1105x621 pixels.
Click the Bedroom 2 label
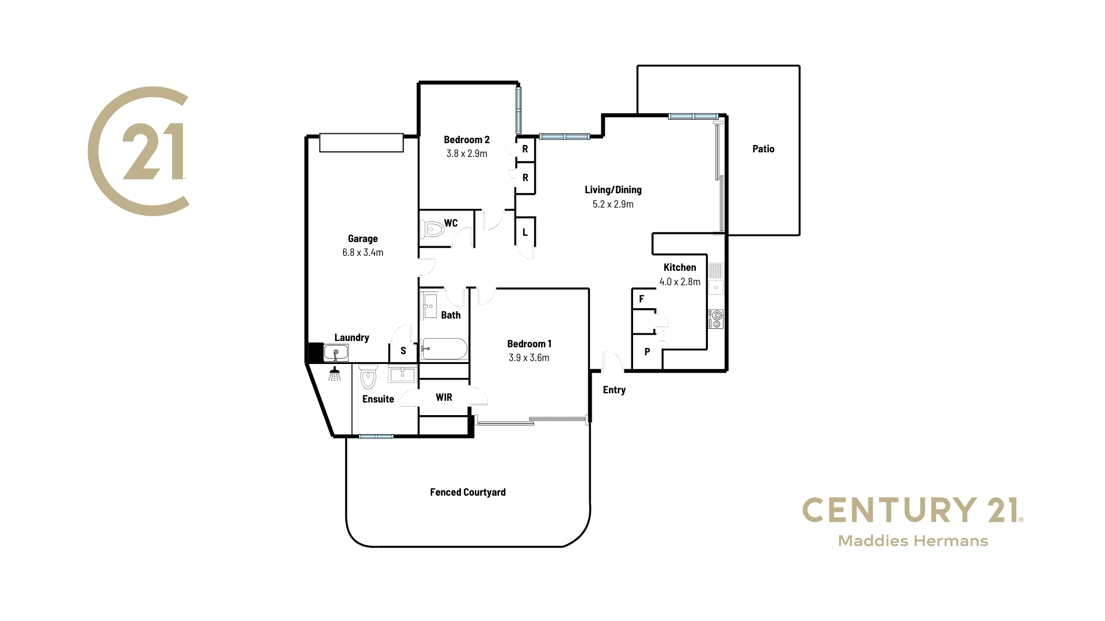pyautogui.click(x=467, y=140)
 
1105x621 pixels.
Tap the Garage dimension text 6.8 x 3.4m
pyautogui.click(x=363, y=252)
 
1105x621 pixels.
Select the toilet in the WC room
pyautogui.click(x=432, y=230)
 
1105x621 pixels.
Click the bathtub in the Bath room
pyautogui.click(x=444, y=348)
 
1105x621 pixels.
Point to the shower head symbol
pyautogui.click(x=334, y=374)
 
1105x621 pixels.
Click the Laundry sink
pyautogui.click(x=336, y=352)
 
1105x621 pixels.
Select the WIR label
pyautogui.click(x=444, y=397)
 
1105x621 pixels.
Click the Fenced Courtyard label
pyautogui.click(x=468, y=492)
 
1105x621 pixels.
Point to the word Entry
pyautogui.click(x=614, y=390)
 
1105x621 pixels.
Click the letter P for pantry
pyautogui.click(x=647, y=352)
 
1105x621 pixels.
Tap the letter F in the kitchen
pyautogui.click(x=642, y=299)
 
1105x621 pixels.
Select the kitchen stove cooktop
pyautogui.click(x=716, y=319)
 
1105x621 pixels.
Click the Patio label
pyautogui.click(x=763, y=149)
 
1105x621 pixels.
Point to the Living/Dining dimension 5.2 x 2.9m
pyautogui.click(x=613, y=204)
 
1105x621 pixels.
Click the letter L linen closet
pyautogui.click(x=525, y=233)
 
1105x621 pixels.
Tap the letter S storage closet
pyautogui.click(x=403, y=351)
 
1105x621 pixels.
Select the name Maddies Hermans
pyautogui.click(x=913, y=541)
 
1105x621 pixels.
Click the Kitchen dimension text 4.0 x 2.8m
pyautogui.click(x=680, y=282)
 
